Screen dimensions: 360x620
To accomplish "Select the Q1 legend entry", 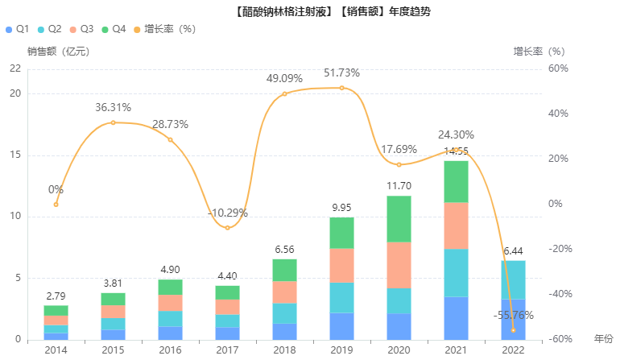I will pyautogui.click(x=18, y=29).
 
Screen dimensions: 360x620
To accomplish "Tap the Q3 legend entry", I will pyautogui.click(x=82, y=29).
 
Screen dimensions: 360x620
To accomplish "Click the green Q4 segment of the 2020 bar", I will pyautogui.click(x=398, y=219).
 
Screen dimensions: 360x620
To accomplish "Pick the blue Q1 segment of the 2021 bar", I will pyautogui.click(x=456, y=318).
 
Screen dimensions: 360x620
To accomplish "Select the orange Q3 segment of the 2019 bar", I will pyautogui.click(x=341, y=266).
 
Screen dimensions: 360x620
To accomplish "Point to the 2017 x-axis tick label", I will pyautogui.click(x=228, y=350).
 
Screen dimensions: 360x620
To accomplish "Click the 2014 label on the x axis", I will pyautogui.click(x=56, y=350).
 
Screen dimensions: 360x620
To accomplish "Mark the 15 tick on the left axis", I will pyautogui.click(x=14, y=155).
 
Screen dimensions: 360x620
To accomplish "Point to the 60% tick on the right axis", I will pyautogui.click(x=558, y=68).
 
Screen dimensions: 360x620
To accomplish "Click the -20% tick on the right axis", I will pyautogui.click(x=558, y=249).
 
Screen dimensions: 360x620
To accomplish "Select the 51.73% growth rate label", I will pyautogui.click(x=341, y=73).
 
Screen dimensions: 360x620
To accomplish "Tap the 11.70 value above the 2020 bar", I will pyautogui.click(x=399, y=186).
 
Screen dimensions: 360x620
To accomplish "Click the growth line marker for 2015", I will pyautogui.click(x=113, y=122).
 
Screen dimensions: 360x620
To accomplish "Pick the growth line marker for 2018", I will pyautogui.click(x=284, y=93).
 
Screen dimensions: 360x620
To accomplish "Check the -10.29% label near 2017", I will pyautogui.click(x=227, y=213).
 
